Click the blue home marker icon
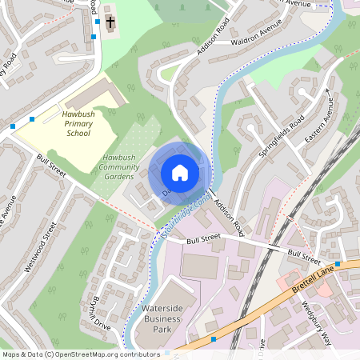coord(180,173)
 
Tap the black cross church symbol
coord(110,22)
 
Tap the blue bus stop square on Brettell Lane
coord(213,340)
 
